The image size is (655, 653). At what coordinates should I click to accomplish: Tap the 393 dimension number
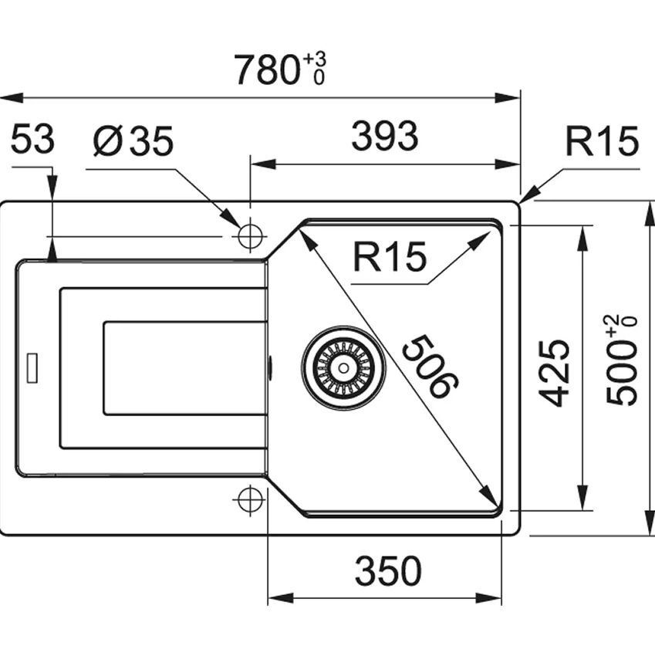385,137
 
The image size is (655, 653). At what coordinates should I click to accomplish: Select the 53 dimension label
32,139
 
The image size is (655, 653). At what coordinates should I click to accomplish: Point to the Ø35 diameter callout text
133,141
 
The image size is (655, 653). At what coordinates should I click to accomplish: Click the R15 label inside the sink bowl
390,257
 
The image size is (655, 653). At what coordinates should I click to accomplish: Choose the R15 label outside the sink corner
602,141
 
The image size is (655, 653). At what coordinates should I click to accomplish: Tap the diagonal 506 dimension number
430,366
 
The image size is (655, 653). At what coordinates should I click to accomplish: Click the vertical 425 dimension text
555,374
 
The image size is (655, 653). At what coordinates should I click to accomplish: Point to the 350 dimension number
388,571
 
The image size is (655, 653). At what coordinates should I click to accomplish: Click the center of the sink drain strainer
343,368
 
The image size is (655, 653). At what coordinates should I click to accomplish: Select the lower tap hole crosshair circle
250,499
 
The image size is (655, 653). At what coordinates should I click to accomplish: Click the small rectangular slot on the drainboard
32,368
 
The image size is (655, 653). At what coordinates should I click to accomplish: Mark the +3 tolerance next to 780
315,59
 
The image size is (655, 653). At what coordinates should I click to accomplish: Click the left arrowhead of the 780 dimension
12,98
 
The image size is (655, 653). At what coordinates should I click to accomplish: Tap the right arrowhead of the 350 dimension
489,598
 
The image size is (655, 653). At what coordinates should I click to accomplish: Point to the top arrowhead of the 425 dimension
582,238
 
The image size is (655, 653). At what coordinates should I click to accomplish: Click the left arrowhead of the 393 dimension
263,164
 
